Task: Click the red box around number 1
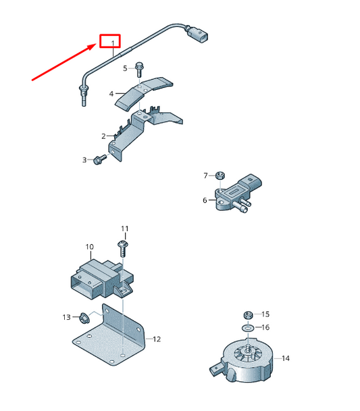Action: coord(109,42)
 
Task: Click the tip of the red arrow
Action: coord(97,45)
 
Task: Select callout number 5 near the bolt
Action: coord(125,68)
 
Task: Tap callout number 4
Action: coord(111,95)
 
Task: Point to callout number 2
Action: coord(104,136)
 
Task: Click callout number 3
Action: coord(85,160)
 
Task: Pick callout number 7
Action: coord(206,176)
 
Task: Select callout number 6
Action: coord(205,200)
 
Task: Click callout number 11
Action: coord(124,228)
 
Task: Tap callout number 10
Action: coord(89,247)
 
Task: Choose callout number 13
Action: coord(66,317)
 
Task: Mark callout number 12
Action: coord(157,339)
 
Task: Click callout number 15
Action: coord(265,314)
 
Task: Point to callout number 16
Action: coord(265,327)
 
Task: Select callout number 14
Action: coord(286,358)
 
